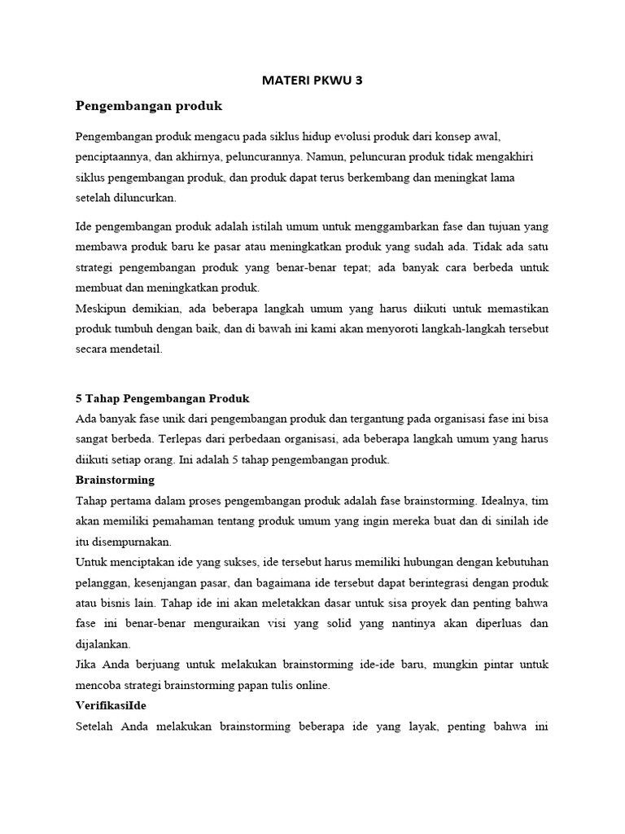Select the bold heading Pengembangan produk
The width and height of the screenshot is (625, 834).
148,106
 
